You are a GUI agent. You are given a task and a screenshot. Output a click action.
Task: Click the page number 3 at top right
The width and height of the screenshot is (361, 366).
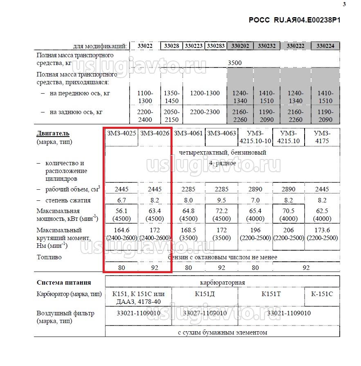coord(344,4)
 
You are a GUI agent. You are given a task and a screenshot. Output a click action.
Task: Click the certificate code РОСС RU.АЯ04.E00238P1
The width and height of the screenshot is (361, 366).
coord(294,20)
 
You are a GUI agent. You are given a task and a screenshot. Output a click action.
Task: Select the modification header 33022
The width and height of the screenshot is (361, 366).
coord(145,46)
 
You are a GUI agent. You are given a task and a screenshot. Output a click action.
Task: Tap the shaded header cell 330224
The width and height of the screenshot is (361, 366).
coord(325,46)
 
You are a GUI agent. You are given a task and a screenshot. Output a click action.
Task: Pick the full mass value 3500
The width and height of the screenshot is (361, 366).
coord(235,63)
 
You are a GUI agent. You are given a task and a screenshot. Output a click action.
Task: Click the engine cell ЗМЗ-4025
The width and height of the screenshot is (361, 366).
coord(121,133)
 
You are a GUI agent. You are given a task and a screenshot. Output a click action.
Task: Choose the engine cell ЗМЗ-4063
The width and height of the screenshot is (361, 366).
coord(221,133)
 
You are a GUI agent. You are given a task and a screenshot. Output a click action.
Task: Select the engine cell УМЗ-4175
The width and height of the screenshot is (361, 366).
coord(323,137)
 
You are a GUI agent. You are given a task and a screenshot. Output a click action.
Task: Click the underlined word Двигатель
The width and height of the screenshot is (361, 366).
coord(53,133)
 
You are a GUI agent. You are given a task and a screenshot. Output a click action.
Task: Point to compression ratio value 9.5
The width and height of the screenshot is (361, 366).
coord(221,200)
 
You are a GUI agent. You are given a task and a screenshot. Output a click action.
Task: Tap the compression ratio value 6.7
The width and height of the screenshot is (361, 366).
coord(121,200)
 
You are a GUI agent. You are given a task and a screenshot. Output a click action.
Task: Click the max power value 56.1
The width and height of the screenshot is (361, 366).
coord(121,211)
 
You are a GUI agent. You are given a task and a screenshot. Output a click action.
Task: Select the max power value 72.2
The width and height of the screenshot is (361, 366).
coord(221,211)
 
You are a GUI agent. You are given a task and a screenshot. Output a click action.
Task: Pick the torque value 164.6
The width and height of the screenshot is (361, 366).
coord(121,230)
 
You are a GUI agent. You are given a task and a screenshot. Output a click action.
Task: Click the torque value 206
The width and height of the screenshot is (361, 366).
coord(289,230)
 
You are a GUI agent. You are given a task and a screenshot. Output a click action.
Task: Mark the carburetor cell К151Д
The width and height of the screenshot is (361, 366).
coord(205,293)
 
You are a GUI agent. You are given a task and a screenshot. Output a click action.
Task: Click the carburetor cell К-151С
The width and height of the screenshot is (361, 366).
coord(322,293)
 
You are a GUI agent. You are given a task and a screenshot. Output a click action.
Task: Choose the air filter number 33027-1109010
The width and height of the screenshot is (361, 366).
coord(205,313)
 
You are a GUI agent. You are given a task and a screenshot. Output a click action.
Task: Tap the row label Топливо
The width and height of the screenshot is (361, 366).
coord(49,257)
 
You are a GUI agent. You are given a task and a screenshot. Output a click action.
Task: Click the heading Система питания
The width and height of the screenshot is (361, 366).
coord(64,282)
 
